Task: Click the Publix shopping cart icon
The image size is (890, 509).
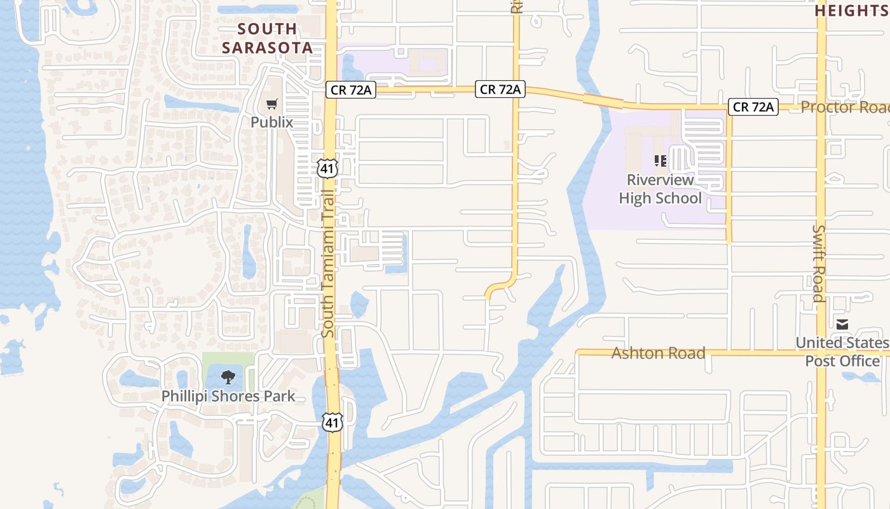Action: [272, 104]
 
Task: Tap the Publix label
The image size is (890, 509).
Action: [272, 122]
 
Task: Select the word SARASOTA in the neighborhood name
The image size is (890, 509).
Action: [267, 48]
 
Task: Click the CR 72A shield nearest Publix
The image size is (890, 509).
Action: [351, 90]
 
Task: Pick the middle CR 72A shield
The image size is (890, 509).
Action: [500, 90]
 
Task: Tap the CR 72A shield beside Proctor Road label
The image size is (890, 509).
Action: [753, 107]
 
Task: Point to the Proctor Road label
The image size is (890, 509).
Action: [844, 107]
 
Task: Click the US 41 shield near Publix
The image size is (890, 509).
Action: [327, 169]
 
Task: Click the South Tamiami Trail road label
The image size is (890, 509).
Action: [328, 264]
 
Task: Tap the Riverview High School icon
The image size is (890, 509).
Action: [660, 161]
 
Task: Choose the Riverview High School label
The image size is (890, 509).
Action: [660, 189]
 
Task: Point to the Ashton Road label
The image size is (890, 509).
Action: [658, 353]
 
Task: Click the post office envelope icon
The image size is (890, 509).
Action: [842, 325]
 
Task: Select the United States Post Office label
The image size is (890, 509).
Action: [842, 352]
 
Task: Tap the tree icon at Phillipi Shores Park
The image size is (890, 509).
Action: [228, 377]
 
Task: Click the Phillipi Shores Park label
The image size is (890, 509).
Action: [228, 396]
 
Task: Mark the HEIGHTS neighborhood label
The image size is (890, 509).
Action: [852, 11]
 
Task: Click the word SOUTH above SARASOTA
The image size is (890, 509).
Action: [268, 29]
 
